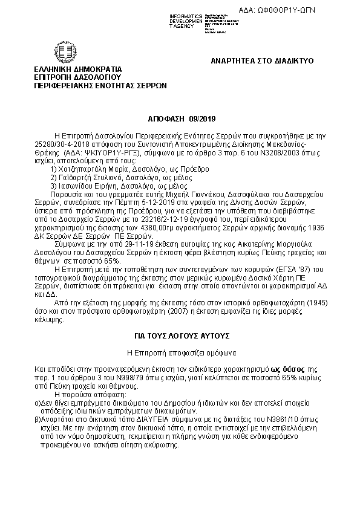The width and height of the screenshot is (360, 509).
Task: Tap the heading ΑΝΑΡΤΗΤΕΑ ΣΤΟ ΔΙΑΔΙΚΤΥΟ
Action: coord(262,62)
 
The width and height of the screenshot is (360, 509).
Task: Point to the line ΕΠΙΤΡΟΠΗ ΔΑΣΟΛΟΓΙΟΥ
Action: coord(78,77)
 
